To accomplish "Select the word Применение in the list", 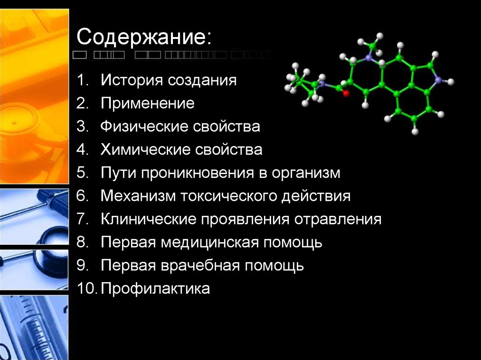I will (147, 103).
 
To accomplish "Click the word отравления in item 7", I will (338, 219).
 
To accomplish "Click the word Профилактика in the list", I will (155, 289).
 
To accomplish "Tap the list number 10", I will (87, 289).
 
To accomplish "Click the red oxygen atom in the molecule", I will (346, 94).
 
